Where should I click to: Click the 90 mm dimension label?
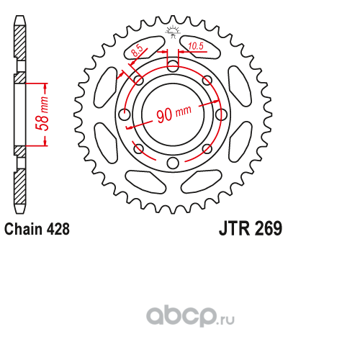point(174,113)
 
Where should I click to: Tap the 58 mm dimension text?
point(42,114)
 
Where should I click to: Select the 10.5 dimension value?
point(196,46)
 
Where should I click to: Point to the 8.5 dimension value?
point(138,50)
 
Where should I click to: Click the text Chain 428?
point(37,229)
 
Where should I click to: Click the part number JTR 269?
point(251,228)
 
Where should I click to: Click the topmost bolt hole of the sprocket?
point(173,66)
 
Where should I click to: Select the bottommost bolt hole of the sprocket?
point(173,163)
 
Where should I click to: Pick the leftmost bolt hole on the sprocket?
point(125,114)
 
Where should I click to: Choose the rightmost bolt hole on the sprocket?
point(221,114)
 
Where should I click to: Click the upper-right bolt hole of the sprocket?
point(207,80)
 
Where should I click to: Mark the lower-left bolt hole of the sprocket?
point(138,149)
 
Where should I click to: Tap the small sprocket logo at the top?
point(173,31)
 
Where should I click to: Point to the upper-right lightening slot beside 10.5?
point(201,47)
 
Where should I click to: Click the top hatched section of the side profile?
point(19,43)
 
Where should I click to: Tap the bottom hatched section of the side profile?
point(19,186)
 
